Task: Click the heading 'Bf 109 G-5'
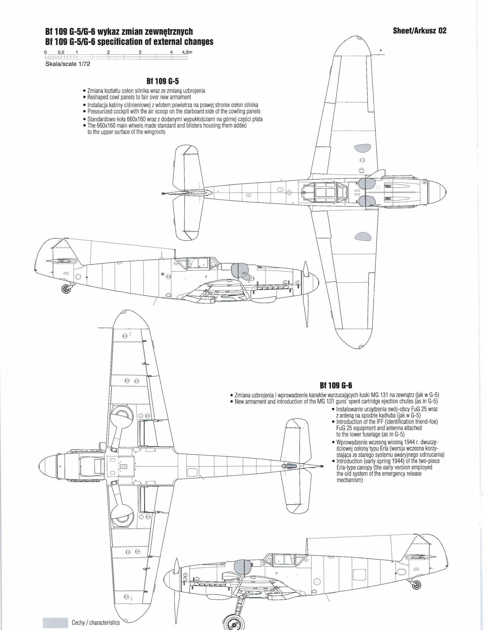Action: pos(162,82)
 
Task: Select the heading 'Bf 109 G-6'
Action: pos(335,385)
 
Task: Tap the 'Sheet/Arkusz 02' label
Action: pos(420,31)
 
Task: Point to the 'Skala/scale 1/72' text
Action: pos(68,64)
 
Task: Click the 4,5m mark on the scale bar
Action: pos(187,52)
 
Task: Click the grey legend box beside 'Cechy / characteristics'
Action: pos(55,623)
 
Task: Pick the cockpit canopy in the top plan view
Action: pos(325,192)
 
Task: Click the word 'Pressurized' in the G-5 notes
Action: pos(100,111)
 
